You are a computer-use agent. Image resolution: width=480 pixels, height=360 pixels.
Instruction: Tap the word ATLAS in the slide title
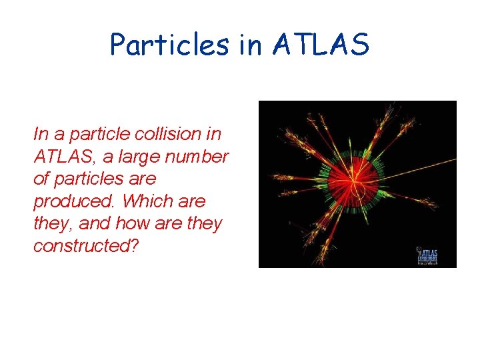coord(321,45)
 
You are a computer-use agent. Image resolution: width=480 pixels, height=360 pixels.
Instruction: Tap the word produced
coord(75,201)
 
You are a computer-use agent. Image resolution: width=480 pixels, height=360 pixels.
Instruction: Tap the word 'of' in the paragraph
coord(41,179)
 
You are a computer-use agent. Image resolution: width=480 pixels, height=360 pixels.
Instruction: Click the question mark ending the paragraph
coord(135,246)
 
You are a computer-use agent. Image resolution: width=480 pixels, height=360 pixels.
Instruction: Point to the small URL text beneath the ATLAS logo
coord(427,263)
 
